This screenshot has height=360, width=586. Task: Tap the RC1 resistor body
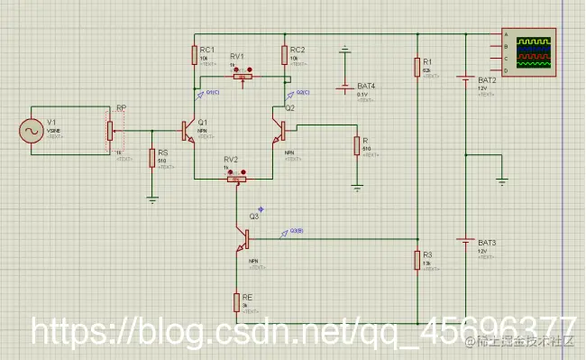(x=194, y=55)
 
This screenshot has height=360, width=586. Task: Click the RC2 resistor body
(x=285, y=55)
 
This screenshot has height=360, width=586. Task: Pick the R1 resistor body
(x=417, y=67)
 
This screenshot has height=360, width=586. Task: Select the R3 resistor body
(x=417, y=260)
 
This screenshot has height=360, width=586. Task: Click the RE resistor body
(x=237, y=300)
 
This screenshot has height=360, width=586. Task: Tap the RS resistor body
(x=152, y=159)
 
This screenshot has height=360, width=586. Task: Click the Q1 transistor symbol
(x=188, y=132)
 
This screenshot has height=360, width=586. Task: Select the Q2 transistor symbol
(x=279, y=132)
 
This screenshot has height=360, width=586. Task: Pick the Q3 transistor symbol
(x=243, y=239)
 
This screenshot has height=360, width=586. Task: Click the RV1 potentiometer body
(x=241, y=78)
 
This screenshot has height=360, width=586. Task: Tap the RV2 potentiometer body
(x=236, y=180)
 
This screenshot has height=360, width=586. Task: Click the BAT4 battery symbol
(x=344, y=88)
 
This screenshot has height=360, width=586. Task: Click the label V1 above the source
(x=52, y=121)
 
